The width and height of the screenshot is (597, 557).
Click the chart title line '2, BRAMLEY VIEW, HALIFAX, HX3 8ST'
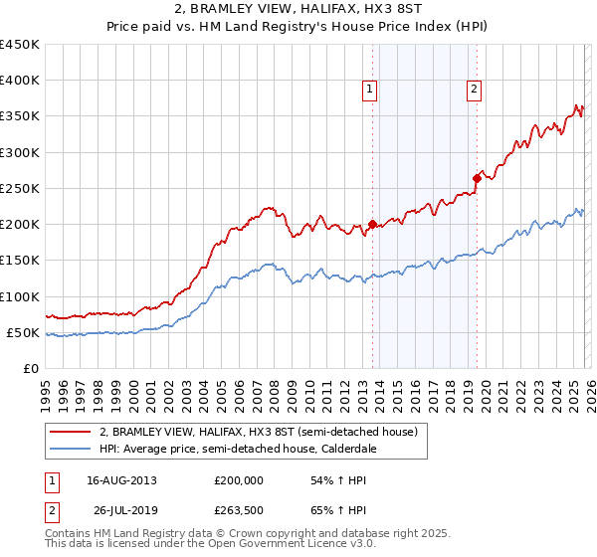[x=298, y=9]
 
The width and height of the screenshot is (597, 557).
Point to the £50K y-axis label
[x=22, y=332]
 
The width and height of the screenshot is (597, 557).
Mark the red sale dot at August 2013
[x=372, y=225]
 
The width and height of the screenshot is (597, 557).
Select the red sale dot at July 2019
[x=477, y=179]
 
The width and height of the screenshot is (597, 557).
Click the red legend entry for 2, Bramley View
[x=263, y=432]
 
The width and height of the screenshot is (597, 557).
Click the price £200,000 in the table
[x=239, y=480]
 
